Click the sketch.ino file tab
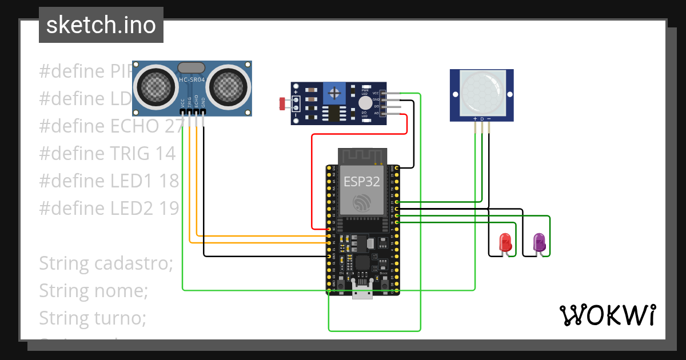tap(101, 25)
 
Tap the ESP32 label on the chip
tap(361, 182)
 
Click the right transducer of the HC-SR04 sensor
tap(229, 87)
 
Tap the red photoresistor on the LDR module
tap(282, 104)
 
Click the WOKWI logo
tap(607, 315)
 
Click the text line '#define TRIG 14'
tap(107, 153)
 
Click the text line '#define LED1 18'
tap(109, 181)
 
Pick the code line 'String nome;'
tap(93, 291)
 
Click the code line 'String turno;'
tap(93, 318)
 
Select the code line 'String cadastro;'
tap(106, 263)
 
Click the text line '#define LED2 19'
tap(109, 208)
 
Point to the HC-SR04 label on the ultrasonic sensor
tap(192, 80)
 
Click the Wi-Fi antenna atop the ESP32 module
tap(361, 155)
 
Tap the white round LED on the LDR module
tap(365, 102)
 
